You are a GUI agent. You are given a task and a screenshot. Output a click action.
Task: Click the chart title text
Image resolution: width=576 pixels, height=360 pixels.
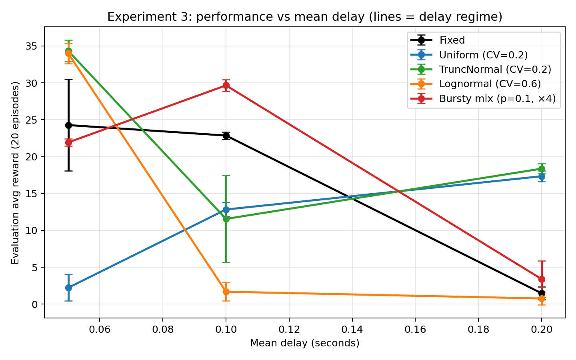(305, 17)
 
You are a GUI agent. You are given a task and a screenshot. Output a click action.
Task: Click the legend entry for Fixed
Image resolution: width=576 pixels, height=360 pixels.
(452, 40)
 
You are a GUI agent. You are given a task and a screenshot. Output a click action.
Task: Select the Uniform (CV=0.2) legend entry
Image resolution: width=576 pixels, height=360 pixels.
(483, 55)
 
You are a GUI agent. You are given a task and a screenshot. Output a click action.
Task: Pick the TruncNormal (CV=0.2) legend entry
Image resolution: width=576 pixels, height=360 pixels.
(495, 69)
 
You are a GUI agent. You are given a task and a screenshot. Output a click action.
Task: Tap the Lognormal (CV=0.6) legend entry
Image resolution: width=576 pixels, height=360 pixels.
(490, 84)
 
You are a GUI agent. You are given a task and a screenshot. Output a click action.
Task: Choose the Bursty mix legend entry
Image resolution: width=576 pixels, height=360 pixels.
(497, 98)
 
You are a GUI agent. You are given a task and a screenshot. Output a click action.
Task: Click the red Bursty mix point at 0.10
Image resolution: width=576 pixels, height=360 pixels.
(226, 85)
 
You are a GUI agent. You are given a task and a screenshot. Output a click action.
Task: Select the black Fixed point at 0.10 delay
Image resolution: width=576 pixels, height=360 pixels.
(226, 136)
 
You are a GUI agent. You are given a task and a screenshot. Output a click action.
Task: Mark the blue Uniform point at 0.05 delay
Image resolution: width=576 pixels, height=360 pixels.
(68, 288)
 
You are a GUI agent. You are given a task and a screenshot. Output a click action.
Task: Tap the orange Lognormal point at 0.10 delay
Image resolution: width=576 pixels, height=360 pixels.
(226, 292)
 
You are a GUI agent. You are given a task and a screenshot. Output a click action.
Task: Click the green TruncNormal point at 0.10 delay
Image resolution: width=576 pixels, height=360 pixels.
(226, 219)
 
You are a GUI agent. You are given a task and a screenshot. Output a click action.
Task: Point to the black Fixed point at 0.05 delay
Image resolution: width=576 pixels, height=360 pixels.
(68, 125)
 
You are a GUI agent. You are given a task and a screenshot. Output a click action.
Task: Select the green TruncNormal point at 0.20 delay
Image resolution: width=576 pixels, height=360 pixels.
(542, 169)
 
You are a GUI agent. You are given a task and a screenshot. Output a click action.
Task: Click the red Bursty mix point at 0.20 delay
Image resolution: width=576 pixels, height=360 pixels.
(542, 279)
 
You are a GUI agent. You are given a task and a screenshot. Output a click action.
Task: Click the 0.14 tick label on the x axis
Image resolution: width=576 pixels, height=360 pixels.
(352, 329)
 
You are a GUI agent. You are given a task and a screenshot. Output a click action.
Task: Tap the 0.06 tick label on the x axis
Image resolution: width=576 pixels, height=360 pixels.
(100, 329)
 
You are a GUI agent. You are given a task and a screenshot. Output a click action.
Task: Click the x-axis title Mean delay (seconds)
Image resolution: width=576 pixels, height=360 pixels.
(305, 343)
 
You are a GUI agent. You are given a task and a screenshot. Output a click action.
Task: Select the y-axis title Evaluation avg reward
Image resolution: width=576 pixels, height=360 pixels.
(15, 173)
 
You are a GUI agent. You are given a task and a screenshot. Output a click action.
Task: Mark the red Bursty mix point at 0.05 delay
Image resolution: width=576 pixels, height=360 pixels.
(68, 142)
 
